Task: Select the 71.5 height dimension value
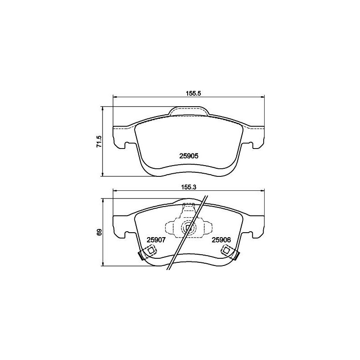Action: tap(99, 141)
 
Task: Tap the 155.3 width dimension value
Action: tap(189, 187)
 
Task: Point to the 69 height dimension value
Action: tap(99, 232)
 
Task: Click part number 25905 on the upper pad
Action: tap(189, 156)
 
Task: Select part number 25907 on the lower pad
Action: tap(156, 240)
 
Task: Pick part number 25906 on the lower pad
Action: tap(221, 240)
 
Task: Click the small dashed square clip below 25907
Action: tap(151, 251)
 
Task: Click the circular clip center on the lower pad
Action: tap(189, 228)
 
